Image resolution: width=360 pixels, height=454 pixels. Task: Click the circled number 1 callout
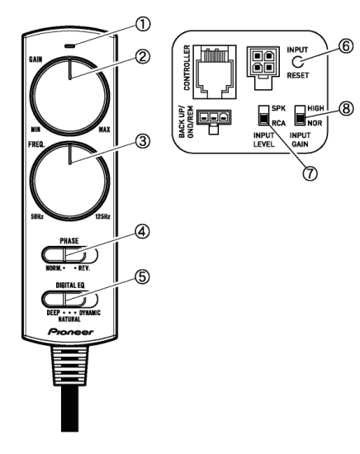coord(143,24)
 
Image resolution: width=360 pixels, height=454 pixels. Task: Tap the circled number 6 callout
coord(346,45)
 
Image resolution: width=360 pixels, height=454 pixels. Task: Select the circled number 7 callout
coord(310,173)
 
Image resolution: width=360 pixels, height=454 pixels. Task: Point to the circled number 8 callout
coord(346,109)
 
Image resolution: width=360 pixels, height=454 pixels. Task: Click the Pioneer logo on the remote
coord(71,332)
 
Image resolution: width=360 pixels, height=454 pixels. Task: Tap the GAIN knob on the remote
coord(69,97)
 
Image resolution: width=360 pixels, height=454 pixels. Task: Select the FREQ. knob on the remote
coord(69,182)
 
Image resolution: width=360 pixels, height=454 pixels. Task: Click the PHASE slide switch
coord(69,255)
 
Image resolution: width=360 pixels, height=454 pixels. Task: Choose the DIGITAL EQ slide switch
coord(69,299)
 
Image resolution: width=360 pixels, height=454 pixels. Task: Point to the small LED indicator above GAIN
coord(70,45)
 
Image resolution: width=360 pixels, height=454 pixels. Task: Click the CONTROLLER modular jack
coord(215,72)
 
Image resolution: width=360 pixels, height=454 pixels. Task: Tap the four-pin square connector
coord(263,68)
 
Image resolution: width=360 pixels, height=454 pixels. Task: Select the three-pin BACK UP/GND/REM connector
coord(214,121)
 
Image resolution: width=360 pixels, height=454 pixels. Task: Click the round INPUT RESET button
coord(297,62)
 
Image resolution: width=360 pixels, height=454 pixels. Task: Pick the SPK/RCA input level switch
coord(263,116)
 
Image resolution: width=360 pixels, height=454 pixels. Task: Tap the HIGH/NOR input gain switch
coord(300,116)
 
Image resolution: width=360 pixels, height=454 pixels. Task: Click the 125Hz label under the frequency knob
coord(103,216)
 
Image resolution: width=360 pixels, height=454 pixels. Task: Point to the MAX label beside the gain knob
coord(105,130)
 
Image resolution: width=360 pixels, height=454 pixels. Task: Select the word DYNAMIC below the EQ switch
coord(90,313)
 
